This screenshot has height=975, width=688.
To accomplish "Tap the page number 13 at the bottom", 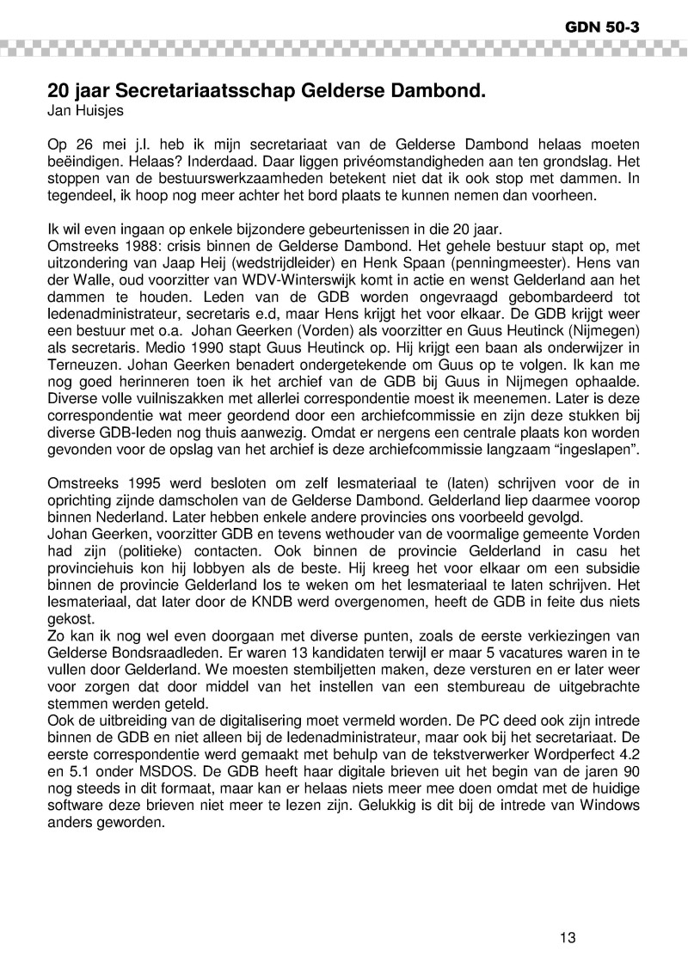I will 567,937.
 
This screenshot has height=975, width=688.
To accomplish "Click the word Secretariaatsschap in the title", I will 198,89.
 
